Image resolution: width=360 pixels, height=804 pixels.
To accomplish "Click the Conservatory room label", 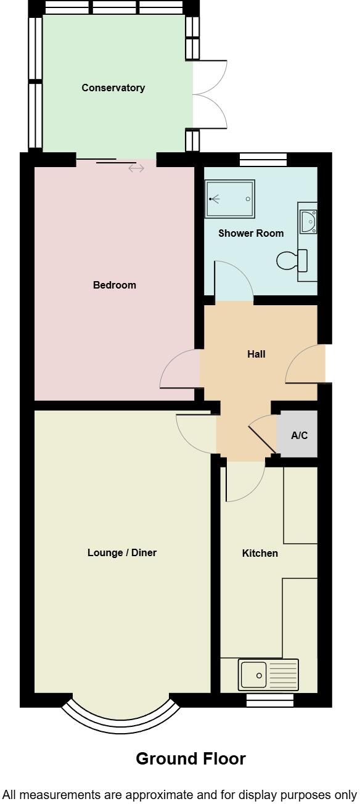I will pos(113,88).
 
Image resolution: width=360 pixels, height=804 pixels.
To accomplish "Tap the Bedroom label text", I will pos(115,285).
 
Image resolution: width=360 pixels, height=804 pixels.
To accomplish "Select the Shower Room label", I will pos(251,234).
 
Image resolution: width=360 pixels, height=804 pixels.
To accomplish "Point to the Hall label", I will pos(256,355).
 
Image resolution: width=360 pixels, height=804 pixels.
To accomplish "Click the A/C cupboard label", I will pos(300,436).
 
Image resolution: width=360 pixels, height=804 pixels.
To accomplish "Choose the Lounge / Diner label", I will pos(122,553).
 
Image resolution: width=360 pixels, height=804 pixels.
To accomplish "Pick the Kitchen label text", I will pos(260,554).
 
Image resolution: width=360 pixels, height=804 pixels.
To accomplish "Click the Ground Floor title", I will pos(190,759).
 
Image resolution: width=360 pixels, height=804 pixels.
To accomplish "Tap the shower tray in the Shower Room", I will pos(229,199).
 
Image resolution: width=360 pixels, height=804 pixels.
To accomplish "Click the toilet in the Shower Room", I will pos(293,261).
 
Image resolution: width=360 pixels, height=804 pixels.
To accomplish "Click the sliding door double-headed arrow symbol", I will pos(136,168).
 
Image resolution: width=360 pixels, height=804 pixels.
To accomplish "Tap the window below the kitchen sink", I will pos(270,701).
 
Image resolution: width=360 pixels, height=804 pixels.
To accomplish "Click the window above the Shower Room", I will pos(263,160).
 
